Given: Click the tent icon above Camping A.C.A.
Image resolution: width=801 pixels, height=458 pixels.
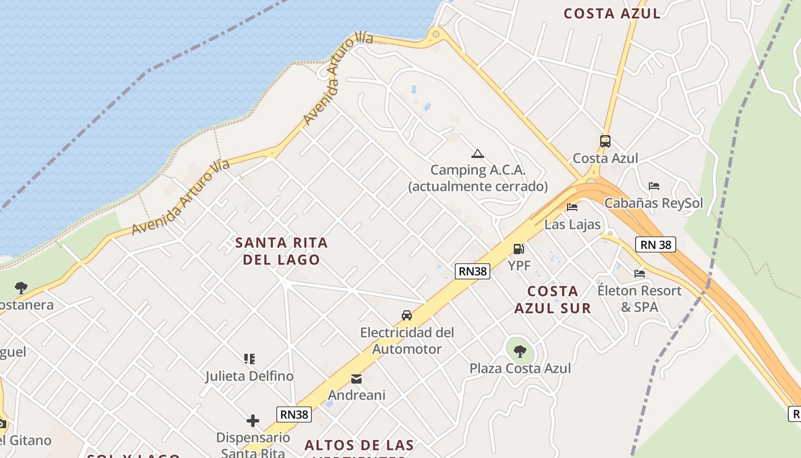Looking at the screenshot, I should [x=478, y=153].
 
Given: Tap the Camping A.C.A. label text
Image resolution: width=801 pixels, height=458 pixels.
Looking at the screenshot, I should [x=478, y=170].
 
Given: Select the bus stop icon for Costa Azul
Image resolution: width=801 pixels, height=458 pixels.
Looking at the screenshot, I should [x=605, y=141].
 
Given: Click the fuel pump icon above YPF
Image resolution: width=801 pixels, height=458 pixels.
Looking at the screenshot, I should [x=519, y=248].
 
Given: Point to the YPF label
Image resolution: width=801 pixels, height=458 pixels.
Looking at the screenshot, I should [x=520, y=266].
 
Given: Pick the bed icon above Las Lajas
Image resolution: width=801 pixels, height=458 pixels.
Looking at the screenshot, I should [x=572, y=207].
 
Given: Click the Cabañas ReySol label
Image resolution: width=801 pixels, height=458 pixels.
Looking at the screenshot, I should [x=653, y=203].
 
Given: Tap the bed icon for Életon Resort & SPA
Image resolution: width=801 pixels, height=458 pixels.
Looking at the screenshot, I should [x=640, y=273].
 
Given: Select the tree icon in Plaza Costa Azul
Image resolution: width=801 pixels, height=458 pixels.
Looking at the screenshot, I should [x=520, y=351].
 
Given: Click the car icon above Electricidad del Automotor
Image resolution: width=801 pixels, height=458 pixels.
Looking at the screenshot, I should [x=407, y=315].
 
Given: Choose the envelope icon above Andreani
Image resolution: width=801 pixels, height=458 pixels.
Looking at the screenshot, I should [x=356, y=378].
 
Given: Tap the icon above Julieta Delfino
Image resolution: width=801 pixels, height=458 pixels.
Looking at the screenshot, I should [x=249, y=359].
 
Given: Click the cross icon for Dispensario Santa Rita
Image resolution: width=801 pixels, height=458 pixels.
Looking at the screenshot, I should [x=253, y=421].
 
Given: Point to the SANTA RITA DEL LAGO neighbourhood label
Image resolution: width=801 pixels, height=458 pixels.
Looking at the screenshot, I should [x=281, y=251].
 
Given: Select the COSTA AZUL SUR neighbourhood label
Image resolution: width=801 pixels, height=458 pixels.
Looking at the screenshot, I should [x=553, y=299].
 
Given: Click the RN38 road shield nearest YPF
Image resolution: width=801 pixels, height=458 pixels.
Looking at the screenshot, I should [x=473, y=271].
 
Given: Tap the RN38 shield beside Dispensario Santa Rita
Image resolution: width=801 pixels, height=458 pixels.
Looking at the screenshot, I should [x=294, y=414].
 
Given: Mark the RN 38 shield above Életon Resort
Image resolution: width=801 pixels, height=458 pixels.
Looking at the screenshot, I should [x=656, y=245].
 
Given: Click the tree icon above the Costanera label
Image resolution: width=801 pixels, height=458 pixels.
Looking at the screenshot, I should [x=21, y=287].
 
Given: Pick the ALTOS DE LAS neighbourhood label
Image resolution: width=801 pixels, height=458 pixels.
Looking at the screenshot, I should [x=359, y=445].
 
